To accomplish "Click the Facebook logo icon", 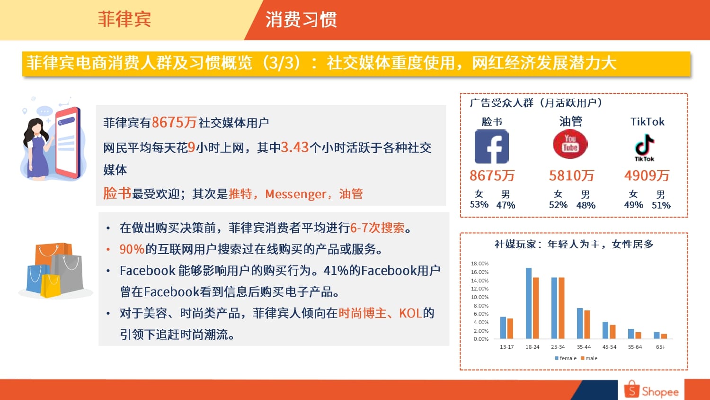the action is point(492,146).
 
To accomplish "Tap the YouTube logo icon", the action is point(570,144).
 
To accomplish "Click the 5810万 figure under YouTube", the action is point(571,175).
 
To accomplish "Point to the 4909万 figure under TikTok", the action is point(647,175).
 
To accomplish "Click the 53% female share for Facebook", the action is point(479,204).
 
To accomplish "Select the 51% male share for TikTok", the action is point(661,205).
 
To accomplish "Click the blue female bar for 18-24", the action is point(529,303).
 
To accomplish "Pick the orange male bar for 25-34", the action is point(561,308).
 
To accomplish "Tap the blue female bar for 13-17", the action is point(503,327).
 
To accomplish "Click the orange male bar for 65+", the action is point(664,336).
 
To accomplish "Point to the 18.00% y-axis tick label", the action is point(479,264).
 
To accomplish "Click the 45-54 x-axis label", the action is point(609,347).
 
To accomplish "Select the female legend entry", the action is point(566,358).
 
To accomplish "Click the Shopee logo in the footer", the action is point(651,390).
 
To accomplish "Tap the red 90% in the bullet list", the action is point(132,249).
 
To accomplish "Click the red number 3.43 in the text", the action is point(295,147).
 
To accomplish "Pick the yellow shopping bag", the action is point(51,286).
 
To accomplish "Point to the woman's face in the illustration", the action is point(36,129).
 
